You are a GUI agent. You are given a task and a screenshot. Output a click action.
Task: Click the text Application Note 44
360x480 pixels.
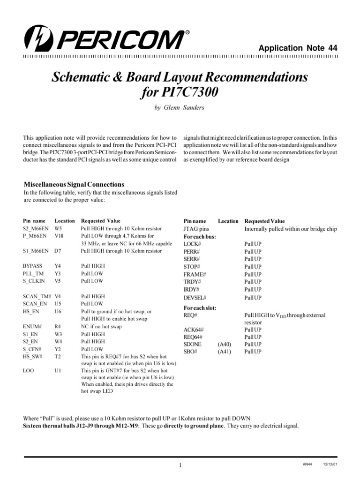(298, 48)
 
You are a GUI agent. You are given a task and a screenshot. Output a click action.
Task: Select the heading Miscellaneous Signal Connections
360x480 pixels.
(74, 184)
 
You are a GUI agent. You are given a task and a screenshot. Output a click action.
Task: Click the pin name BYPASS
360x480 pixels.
(32, 266)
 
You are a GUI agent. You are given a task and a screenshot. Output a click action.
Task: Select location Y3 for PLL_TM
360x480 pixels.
(57, 273)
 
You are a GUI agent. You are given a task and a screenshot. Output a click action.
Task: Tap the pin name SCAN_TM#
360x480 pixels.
(37, 296)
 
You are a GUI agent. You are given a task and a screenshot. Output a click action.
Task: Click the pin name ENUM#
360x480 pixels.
(32, 327)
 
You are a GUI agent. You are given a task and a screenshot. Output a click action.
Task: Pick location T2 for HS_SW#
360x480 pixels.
(57, 357)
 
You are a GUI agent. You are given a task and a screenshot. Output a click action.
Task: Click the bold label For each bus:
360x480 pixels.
(199, 237)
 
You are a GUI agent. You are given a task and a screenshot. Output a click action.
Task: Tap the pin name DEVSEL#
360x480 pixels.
(195, 298)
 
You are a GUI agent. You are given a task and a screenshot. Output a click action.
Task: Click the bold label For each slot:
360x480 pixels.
(200, 308)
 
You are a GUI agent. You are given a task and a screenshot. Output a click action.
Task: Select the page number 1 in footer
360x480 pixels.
(180, 465)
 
